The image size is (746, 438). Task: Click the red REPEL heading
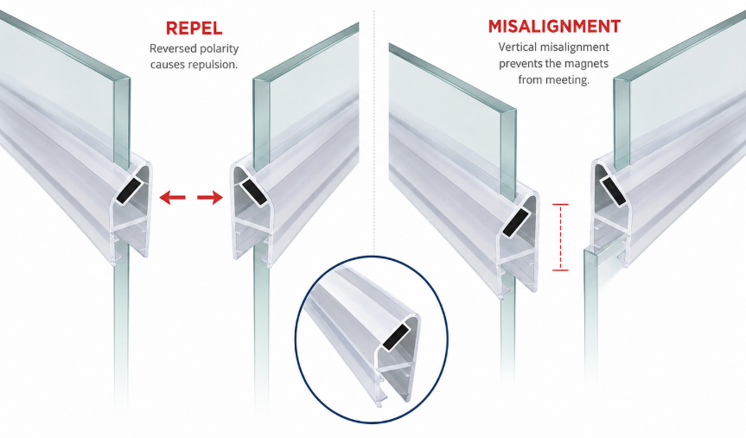pyautogui.click(x=194, y=28)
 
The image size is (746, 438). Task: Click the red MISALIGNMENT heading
pyautogui.click(x=554, y=26)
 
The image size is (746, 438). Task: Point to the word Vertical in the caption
pyautogui.click(x=517, y=47)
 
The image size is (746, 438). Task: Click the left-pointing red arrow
pyautogui.click(x=172, y=196)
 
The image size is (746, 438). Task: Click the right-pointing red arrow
pyautogui.click(x=210, y=196)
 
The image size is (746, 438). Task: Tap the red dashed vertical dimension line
pyautogui.click(x=560, y=238)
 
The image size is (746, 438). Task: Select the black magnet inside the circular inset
pyautogui.click(x=396, y=337)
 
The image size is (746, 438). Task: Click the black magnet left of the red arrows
pyautogui.click(x=130, y=191)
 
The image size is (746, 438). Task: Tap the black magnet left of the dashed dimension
pyautogui.click(x=516, y=222)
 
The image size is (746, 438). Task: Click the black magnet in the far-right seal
pyautogui.click(x=613, y=190)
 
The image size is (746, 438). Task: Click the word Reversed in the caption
pyautogui.click(x=169, y=48)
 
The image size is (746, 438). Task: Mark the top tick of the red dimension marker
pyautogui.click(x=560, y=205)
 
